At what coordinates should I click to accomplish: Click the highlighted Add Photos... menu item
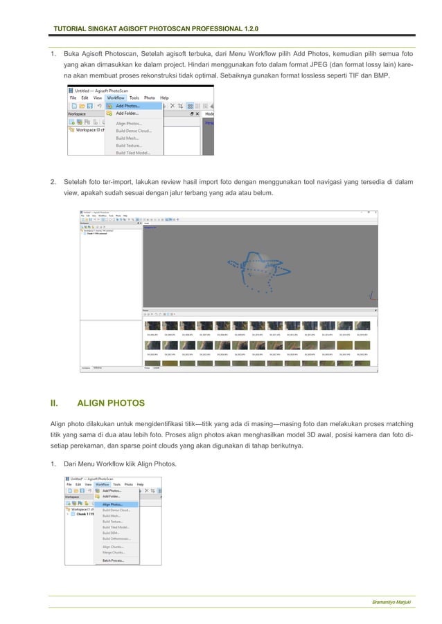click(x=127, y=106)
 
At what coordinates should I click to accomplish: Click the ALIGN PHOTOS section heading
click(x=110, y=402)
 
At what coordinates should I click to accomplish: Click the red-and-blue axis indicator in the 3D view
click(x=373, y=296)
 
